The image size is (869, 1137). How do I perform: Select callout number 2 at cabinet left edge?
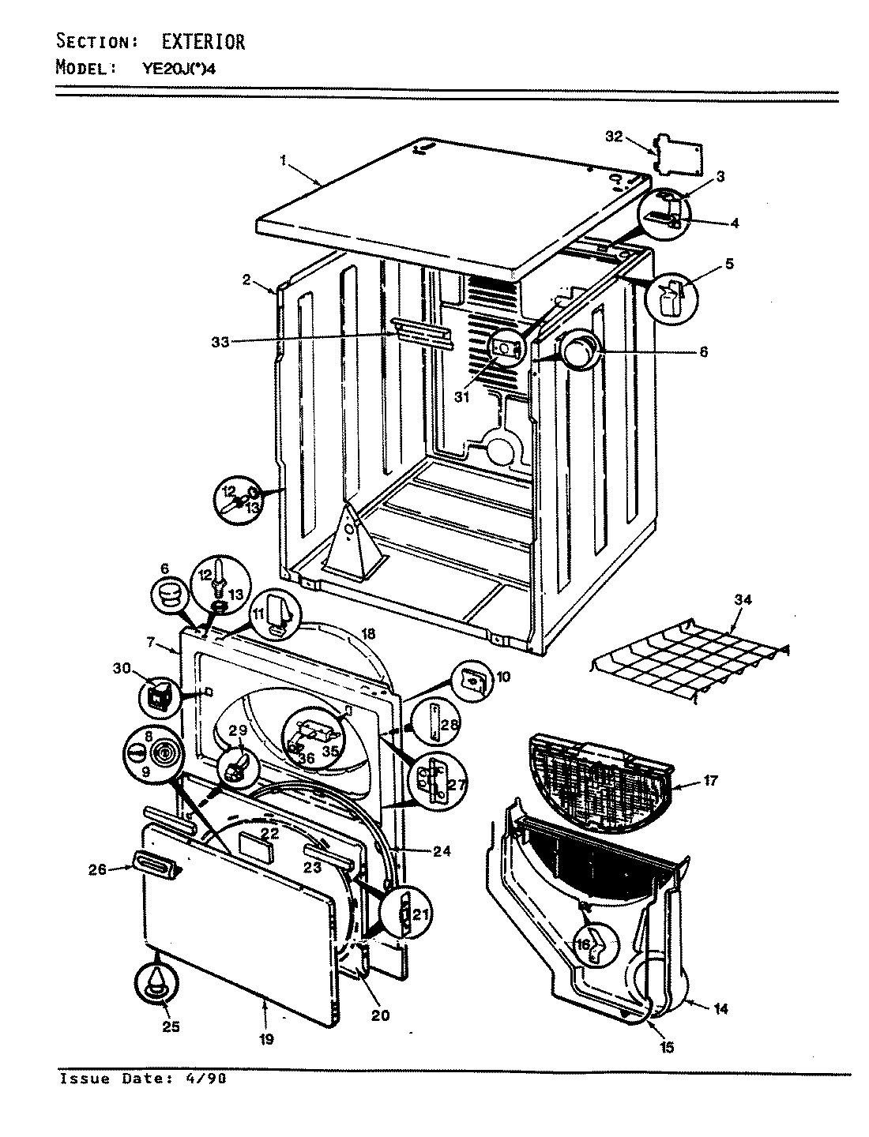246,279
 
